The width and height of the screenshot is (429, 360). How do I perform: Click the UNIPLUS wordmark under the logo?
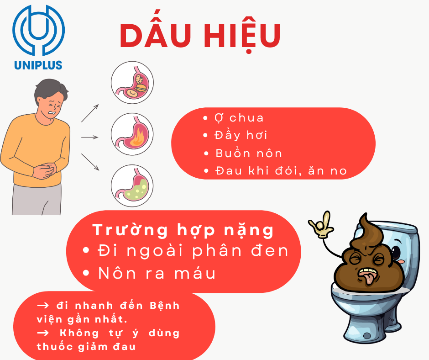point(38,65)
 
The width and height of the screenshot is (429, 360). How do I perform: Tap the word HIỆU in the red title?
point(242,36)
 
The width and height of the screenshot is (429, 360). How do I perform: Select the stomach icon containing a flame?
point(132,134)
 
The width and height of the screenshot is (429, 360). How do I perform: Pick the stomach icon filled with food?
point(132,83)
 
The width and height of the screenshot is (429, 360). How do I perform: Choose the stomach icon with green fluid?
point(132,186)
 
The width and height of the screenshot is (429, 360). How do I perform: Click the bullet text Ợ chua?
point(239,118)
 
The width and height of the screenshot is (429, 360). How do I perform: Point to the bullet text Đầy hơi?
point(241,135)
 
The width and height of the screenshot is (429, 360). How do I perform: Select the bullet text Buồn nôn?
point(249,153)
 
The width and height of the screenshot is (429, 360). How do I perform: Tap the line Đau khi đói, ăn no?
point(281,170)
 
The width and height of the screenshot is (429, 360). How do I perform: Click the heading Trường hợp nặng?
point(183,230)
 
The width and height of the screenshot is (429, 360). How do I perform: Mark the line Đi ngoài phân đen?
point(193,250)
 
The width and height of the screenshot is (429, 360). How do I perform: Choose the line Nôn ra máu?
point(157,273)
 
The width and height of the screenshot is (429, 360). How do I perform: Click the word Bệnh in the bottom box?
point(165,306)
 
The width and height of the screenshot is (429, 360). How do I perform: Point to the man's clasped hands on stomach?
point(46,171)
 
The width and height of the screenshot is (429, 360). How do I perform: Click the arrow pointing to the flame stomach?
point(90,137)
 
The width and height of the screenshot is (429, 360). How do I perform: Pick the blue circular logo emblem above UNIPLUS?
point(39,30)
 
